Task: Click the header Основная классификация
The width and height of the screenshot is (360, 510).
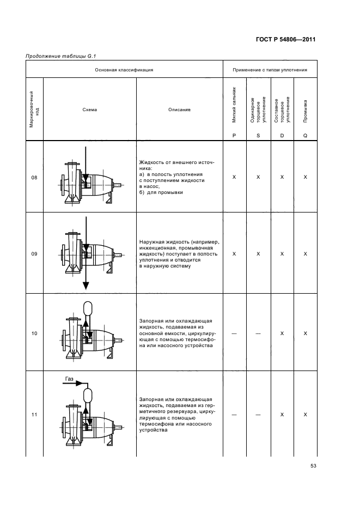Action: click(124, 70)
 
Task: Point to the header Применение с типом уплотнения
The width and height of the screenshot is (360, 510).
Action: click(270, 70)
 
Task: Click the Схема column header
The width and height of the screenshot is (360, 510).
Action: click(90, 110)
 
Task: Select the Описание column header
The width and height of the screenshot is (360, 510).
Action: click(179, 110)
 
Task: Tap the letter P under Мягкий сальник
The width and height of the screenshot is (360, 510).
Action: click(234, 136)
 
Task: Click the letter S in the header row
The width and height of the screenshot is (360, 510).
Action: click(258, 136)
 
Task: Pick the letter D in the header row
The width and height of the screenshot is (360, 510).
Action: click(282, 136)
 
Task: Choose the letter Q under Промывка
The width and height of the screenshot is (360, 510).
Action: click(306, 136)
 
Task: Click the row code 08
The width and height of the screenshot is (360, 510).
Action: click(34, 178)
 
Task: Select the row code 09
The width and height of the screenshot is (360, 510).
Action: click(34, 253)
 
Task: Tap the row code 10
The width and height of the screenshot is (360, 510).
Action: click(34, 333)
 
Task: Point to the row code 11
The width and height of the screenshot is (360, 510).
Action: click(34, 415)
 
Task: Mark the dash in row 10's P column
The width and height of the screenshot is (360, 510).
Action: click(234, 333)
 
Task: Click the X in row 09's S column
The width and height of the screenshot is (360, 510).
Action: click(258, 253)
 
